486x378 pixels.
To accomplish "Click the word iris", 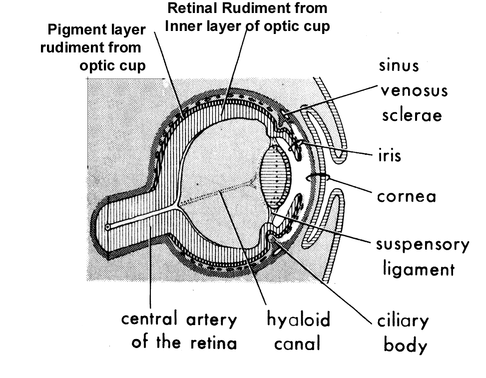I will point(390,155).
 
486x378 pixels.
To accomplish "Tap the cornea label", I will point(407,196).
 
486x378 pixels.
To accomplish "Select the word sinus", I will point(399,66).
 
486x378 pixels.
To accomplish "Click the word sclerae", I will point(412,115).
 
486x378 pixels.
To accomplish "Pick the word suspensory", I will point(423,246).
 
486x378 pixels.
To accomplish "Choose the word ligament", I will point(419,270).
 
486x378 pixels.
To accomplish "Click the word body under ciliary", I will point(405,345).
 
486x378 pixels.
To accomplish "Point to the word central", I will point(150,320).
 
